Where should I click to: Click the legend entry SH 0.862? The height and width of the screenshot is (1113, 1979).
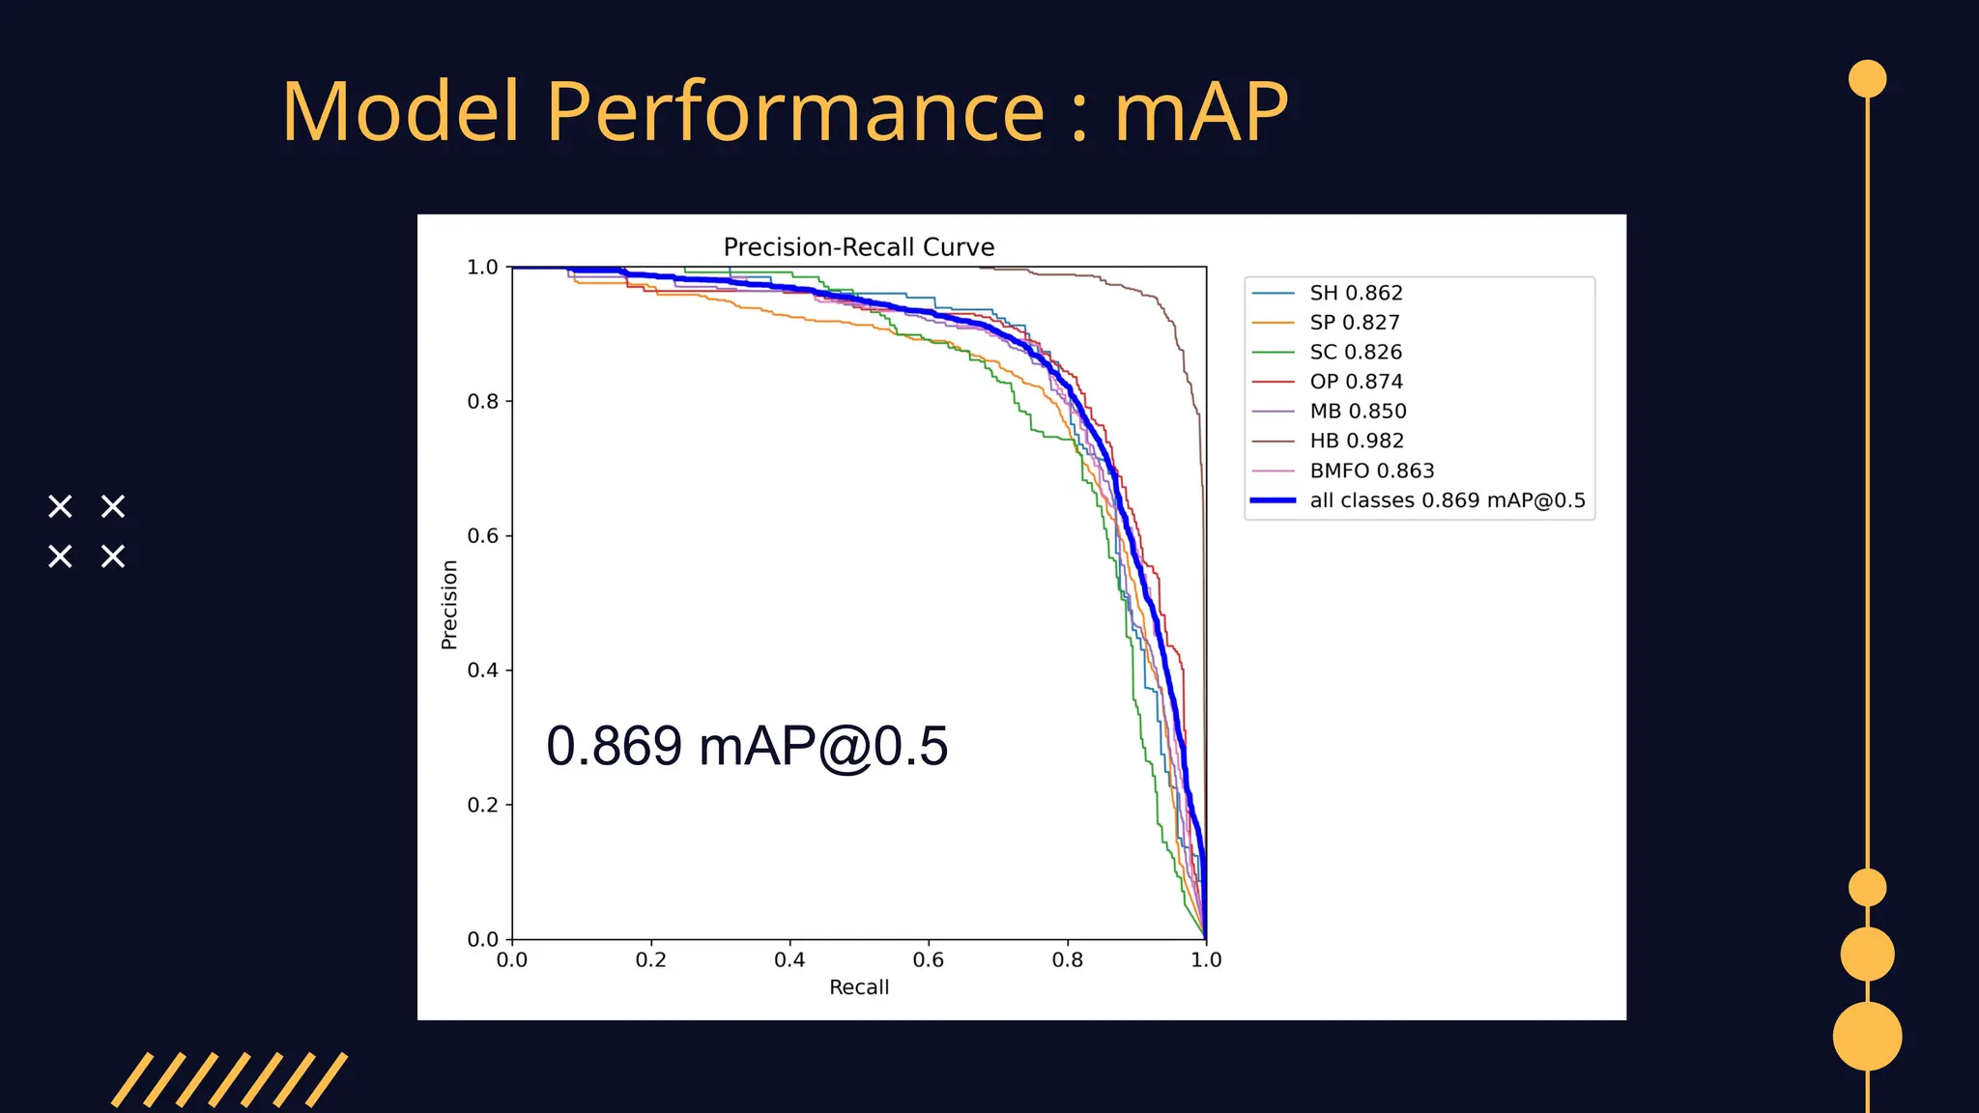pos(1355,293)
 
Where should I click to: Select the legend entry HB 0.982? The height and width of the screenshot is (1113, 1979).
pos(1356,441)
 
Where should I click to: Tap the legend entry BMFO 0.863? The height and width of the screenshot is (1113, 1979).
pos(1371,471)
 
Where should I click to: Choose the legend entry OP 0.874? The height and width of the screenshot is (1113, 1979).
pos(1356,382)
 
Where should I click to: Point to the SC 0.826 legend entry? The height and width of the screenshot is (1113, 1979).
pos(1355,352)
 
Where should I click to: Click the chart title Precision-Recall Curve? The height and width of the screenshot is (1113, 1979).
pos(858,247)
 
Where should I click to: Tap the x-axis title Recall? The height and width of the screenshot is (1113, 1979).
pos(858,987)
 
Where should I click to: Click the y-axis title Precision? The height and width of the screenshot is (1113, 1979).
pos(449,604)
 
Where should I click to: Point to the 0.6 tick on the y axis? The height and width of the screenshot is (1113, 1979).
pos(483,535)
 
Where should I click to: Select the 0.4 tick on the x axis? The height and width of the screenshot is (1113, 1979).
pos(789,959)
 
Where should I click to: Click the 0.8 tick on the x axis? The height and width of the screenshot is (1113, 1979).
pos(1067,959)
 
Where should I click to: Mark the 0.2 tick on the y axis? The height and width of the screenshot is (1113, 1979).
pos(483,805)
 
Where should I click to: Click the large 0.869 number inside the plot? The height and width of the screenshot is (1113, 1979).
pos(614,746)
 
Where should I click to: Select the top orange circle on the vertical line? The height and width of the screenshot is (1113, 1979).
pos(1867,79)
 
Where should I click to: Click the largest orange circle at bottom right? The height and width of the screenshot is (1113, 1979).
pos(1867,1036)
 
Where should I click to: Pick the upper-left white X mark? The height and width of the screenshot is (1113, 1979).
pos(60,506)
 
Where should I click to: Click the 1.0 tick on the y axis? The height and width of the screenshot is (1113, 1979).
pos(483,267)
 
